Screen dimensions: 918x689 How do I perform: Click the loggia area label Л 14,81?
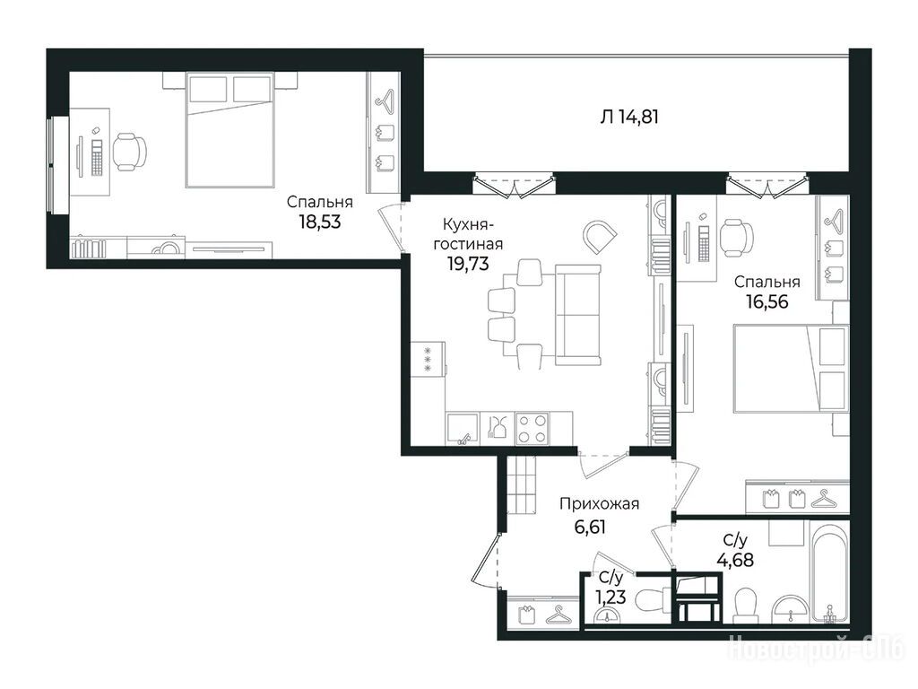pyautogui.click(x=629, y=118)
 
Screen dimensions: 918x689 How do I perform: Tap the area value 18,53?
pyautogui.click(x=320, y=222)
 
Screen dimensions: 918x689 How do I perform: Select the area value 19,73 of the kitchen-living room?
pyautogui.click(x=468, y=264)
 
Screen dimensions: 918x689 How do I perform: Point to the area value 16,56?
pyautogui.click(x=767, y=301)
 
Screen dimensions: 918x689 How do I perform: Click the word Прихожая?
pyautogui.click(x=599, y=504)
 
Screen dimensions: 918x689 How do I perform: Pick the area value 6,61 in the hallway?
pyautogui.click(x=590, y=527)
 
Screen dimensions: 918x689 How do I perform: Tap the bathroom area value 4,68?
pyautogui.click(x=735, y=560)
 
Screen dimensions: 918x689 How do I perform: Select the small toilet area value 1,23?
pyautogui.click(x=611, y=597)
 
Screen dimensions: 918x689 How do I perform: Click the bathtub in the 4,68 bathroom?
pyautogui.click(x=830, y=573)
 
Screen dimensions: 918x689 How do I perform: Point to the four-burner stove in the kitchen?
pyautogui.click(x=533, y=428)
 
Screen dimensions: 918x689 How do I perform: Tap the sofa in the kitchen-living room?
pyautogui.click(x=578, y=315)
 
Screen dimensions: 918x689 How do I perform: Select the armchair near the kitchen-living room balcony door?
pyautogui.click(x=600, y=237)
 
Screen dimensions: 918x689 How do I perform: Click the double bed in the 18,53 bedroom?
pyautogui.click(x=230, y=129)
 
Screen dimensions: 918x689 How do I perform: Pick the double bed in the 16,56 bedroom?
pyautogui.click(x=791, y=369)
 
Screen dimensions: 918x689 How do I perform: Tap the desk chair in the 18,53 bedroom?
pyautogui.click(x=130, y=152)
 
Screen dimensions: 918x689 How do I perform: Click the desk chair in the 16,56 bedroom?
pyautogui.click(x=736, y=236)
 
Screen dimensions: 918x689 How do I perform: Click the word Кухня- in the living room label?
pyautogui.click(x=468, y=224)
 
